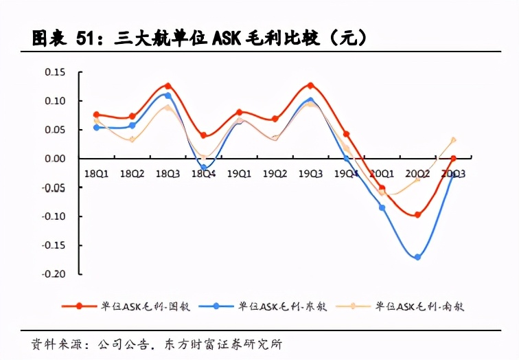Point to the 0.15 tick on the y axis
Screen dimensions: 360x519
[x=55, y=72]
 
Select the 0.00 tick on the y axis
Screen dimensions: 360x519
[x=55, y=159]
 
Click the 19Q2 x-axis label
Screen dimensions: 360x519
[x=275, y=175]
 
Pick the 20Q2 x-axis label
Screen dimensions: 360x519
[x=417, y=175]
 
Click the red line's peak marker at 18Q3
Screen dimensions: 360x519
[x=168, y=86]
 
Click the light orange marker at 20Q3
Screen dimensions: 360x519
[x=453, y=140]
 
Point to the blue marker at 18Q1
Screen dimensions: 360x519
[x=97, y=128]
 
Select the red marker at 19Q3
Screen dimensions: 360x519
[x=310, y=85]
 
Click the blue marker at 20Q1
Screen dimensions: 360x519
[x=382, y=207]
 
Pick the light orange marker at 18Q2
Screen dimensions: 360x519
[x=132, y=140]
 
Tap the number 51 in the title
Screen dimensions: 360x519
[x=84, y=38]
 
